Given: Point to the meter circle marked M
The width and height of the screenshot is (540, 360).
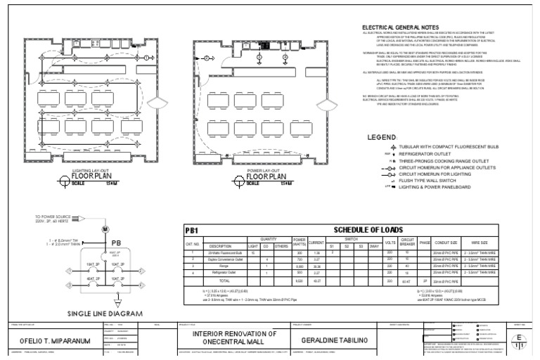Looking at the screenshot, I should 105,230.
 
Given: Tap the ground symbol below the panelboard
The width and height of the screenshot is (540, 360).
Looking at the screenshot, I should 105,299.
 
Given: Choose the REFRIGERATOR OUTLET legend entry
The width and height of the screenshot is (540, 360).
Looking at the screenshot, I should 427,153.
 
